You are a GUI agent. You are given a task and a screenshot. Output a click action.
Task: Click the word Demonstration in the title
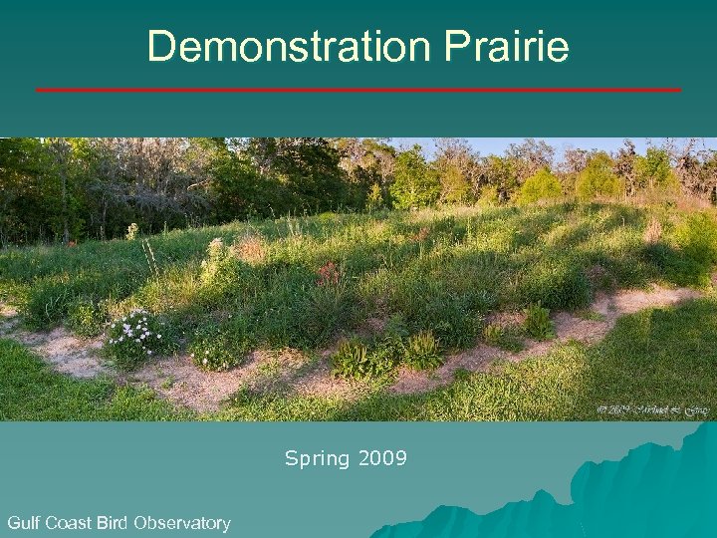click(287, 47)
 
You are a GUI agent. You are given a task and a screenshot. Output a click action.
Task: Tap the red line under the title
click(358, 90)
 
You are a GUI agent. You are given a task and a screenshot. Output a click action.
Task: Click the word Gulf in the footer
click(25, 523)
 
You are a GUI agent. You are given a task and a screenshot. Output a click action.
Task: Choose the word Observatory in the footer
click(182, 523)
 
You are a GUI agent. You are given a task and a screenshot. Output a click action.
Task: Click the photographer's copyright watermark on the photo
click(652, 409)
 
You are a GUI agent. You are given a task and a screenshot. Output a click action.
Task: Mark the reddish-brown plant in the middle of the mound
click(328, 273)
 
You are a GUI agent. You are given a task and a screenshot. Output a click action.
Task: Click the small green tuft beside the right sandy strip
click(539, 321)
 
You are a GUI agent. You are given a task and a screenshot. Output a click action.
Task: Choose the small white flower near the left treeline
click(131, 231)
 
